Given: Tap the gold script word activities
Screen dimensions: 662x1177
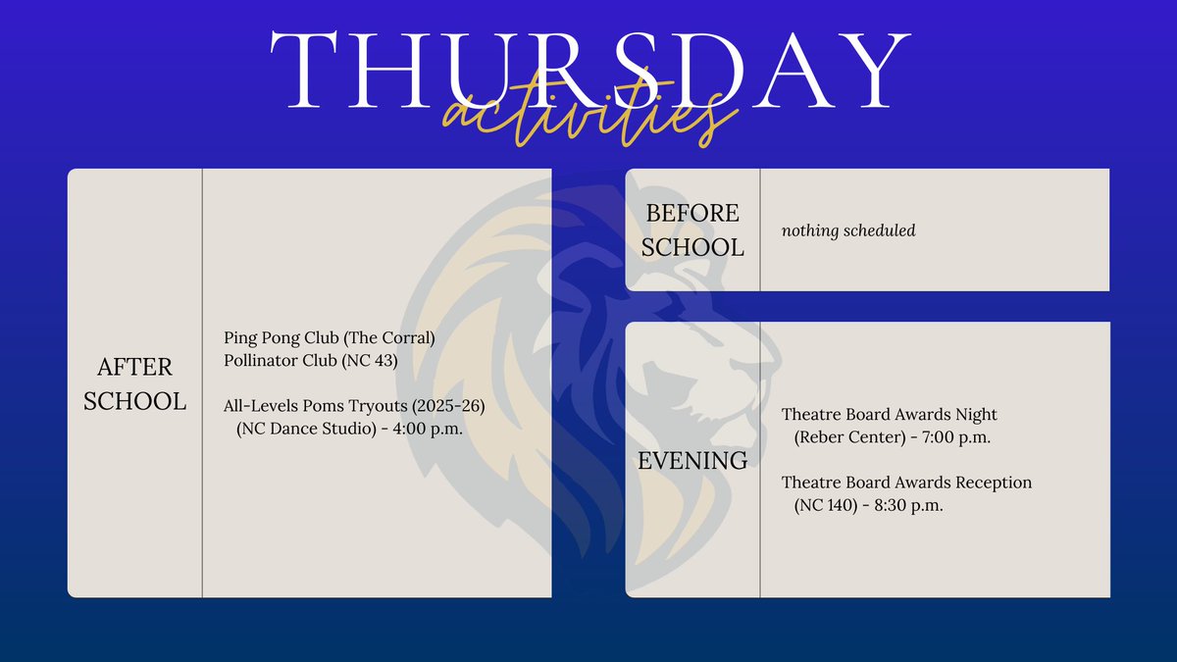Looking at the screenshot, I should coord(588,118).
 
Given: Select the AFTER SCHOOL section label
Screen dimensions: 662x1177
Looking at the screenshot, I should coord(134,383).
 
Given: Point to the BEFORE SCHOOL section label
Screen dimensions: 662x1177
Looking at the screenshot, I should coord(692,229).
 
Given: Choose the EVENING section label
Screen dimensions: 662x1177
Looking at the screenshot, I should coord(692,460).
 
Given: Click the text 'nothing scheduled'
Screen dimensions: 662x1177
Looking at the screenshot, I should coord(848,231).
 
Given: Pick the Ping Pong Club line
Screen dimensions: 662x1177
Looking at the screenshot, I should coord(329,338).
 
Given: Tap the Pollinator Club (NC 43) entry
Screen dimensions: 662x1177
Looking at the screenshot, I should coord(311,360).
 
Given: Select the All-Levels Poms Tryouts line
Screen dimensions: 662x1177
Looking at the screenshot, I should coord(354,406).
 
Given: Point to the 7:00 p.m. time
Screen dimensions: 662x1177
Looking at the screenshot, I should coord(956,437).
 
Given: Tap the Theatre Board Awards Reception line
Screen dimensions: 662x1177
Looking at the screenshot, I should coord(906,483).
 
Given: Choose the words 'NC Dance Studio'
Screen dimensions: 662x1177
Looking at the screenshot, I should coord(307,429).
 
